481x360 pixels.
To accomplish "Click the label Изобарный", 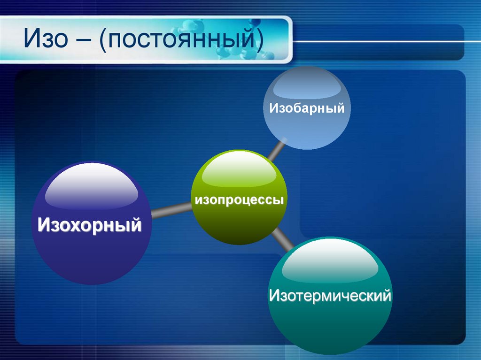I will point(307,108).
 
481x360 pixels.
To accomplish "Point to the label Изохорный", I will point(90,224).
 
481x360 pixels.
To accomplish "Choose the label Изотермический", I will point(330,296).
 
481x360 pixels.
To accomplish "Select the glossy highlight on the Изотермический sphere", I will point(330,265).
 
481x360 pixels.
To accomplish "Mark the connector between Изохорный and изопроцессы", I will point(171,212).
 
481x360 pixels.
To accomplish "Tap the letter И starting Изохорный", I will point(44,224).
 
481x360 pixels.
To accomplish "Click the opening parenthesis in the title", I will point(102,40).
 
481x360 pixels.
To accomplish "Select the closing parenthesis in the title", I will point(259,40).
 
